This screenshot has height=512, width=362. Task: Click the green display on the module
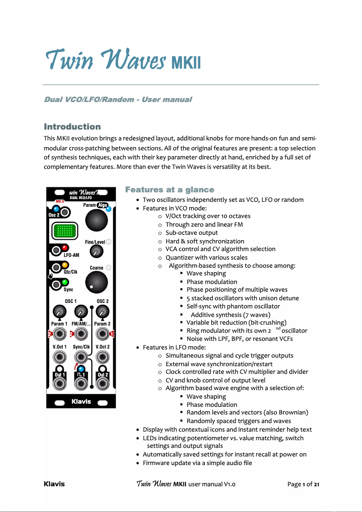pyautogui.click(x=63, y=232)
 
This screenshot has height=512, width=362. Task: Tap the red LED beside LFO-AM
pyautogui.click(x=65, y=248)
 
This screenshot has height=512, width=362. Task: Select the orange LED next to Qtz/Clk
pyautogui.click(x=65, y=265)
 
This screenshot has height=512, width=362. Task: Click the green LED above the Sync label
pyautogui.click(x=65, y=282)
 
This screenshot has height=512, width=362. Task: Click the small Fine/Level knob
pyautogui.click(x=96, y=251)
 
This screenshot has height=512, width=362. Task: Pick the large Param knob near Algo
pyautogui.click(x=97, y=220)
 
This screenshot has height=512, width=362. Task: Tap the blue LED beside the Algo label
pyautogui.click(x=108, y=209)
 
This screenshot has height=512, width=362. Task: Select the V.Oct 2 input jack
pyautogui.click(x=103, y=358)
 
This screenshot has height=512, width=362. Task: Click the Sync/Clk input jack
pyautogui.click(x=81, y=358)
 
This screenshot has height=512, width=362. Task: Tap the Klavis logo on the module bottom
pyautogui.click(x=81, y=401)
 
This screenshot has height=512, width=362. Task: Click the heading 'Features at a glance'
pyautogui.click(x=169, y=190)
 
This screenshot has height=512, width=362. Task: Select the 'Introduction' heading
pyautogui.click(x=72, y=126)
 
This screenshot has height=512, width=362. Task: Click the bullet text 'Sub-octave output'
pyautogui.click(x=191, y=233)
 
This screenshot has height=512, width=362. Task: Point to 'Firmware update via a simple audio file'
pyautogui.click(x=197, y=463)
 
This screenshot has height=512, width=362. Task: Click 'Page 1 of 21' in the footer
pyautogui.click(x=303, y=484)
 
